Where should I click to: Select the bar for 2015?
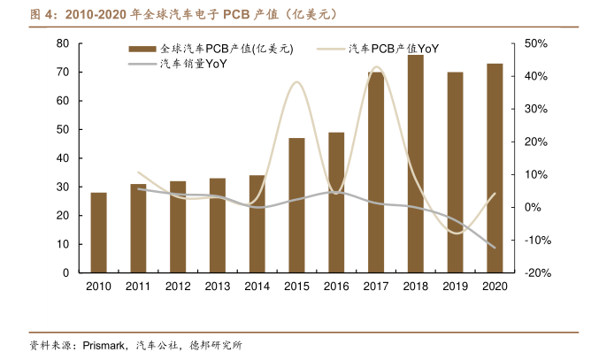(x=296, y=205)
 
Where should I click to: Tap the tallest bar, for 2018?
(x=415, y=164)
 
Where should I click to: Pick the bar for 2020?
(x=495, y=168)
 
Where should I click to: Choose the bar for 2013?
(x=217, y=226)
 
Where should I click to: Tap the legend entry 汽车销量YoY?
(x=190, y=65)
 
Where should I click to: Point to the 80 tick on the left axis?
(x=63, y=43)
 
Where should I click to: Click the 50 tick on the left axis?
(x=63, y=129)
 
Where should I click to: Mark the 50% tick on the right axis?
(x=536, y=43)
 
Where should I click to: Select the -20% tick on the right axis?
(x=536, y=272)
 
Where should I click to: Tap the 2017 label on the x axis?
(x=375, y=286)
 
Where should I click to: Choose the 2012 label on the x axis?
(x=177, y=286)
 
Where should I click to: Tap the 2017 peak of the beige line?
(x=376, y=67)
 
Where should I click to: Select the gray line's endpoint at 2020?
(x=495, y=248)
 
